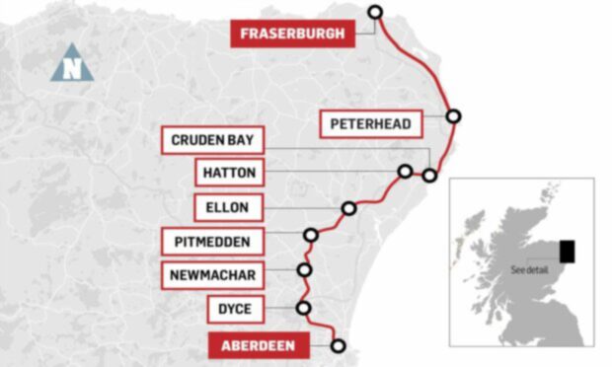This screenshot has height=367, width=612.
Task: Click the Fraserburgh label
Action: click(292, 35)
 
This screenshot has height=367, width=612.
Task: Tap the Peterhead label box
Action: click(371, 124)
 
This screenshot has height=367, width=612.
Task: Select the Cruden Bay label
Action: click(212, 140)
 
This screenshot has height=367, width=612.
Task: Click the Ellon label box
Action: click(229, 208)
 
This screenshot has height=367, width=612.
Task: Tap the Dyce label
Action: click(235, 310)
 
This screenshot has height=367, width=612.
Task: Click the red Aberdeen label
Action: click(258, 346)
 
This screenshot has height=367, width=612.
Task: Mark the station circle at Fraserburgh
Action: click(374, 12)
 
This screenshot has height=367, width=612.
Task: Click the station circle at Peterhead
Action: click(453, 116)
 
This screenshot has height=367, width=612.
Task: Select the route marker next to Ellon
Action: click(348, 208)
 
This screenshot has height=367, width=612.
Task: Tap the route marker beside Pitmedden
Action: click(312, 235)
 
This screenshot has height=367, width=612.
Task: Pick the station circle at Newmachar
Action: click(305, 269)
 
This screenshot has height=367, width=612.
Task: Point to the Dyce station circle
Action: click(303, 308)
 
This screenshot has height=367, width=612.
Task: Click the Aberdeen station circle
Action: click(339, 346)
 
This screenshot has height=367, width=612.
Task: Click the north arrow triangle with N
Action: click(72, 65)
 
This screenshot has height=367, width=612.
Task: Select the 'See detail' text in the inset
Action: click(529, 269)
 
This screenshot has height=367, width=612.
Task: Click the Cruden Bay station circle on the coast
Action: click(429, 176)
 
